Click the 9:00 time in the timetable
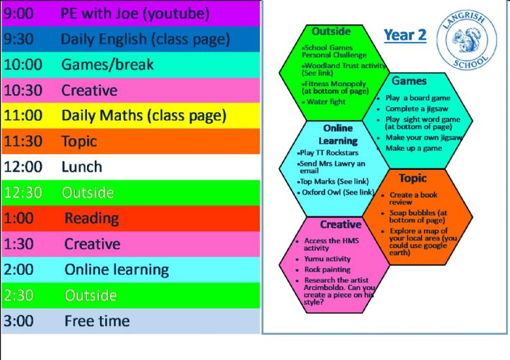tap(18, 13)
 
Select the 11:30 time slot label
tap(23, 141)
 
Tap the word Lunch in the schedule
tap(82, 167)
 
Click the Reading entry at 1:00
tap(92, 218)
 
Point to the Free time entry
tap(97, 321)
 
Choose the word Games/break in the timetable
tap(107, 65)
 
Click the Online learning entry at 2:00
tap(117, 270)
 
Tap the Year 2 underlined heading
tap(405, 35)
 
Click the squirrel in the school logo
tap(467, 40)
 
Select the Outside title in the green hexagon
tap(331, 31)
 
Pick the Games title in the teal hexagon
tap(409, 80)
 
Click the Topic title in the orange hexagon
tap(413, 178)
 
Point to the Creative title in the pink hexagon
tap(341, 224)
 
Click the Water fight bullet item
tap(324, 102)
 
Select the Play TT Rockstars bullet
tap(328, 153)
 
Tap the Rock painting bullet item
tap(324, 270)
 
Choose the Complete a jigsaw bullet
tap(413, 109)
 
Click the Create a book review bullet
tap(410, 198)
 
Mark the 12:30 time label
tap(23, 193)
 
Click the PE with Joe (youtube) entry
tap(135, 14)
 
